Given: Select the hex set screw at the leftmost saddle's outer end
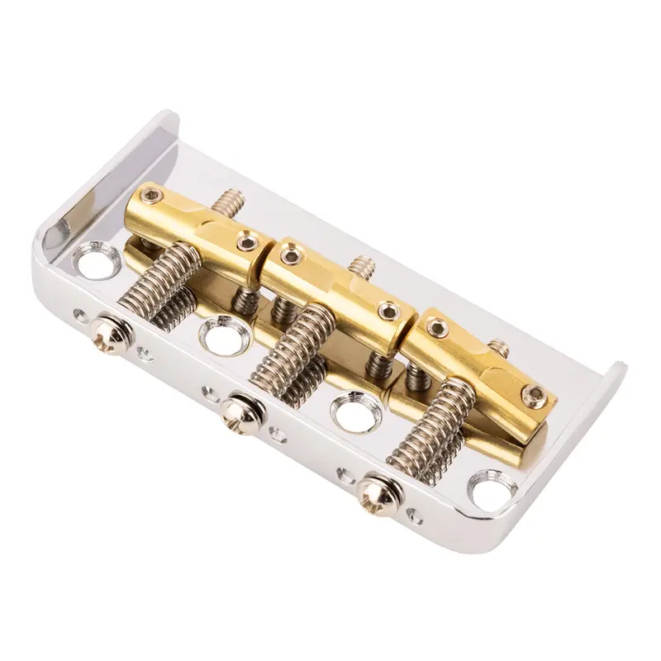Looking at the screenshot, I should [150, 196].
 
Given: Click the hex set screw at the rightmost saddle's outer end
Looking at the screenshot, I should [537, 393].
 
